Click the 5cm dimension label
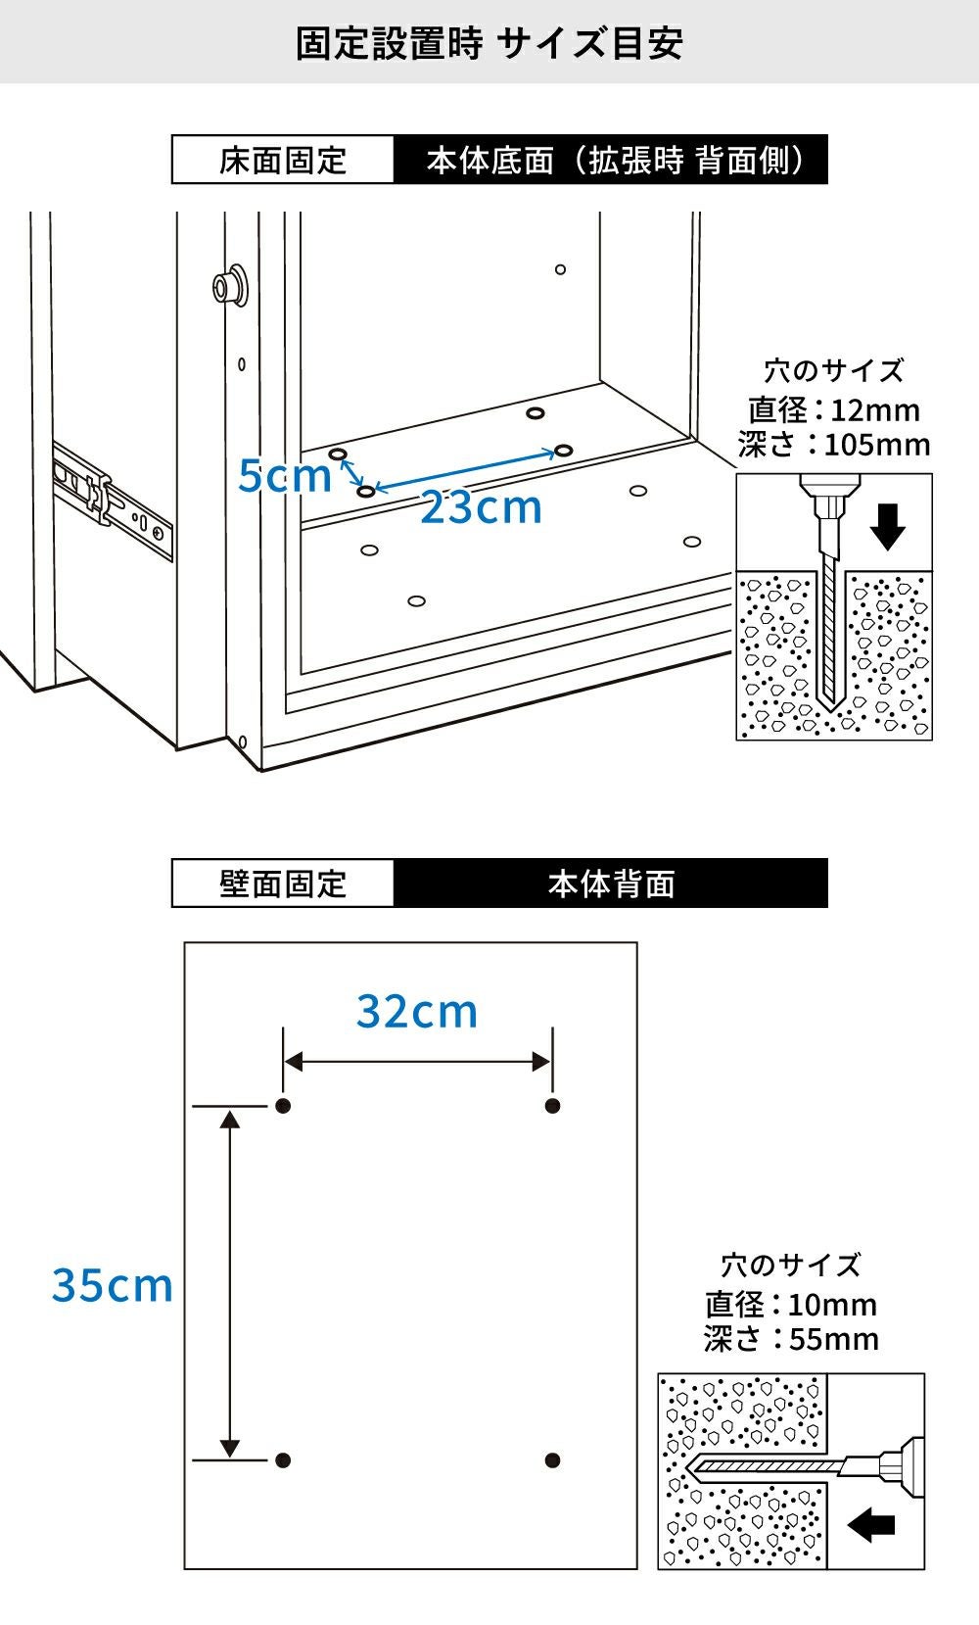pyautogui.click(x=284, y=476)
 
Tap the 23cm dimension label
pyautogui.click(x=481, y=506)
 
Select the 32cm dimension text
pyautogui.click(x=416, y=1011)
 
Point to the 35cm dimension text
pyautogui.click(x=112, y=1285)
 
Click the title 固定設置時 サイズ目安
pyautogui.click(x=489, y=43)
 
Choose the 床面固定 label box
pyautogui.click(x=283, y=160)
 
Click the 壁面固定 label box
pyautogui.click(x=283, y=883)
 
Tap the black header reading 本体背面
pyautogui.click(x=611, y=883)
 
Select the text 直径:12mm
pyautogui.click(x=834, y=409)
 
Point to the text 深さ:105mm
pyautogui.click(x=834, y=444)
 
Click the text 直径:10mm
pyautogui.click(x=791, y=1305)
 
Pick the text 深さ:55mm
pyautogui.click(x=791, y=1338)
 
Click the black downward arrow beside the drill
pyautogui.click(x=888, y=527)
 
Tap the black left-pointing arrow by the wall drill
pyautogui.click(x=871, y=1525)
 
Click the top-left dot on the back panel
pyautogui.click(x=284, y=1106)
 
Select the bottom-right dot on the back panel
pyautogui.click(x=552, y=1459)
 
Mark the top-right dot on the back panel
pyautogui.click(x=552, y=1106)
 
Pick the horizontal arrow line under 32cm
pyautogui.click(x=417, y=1062)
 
